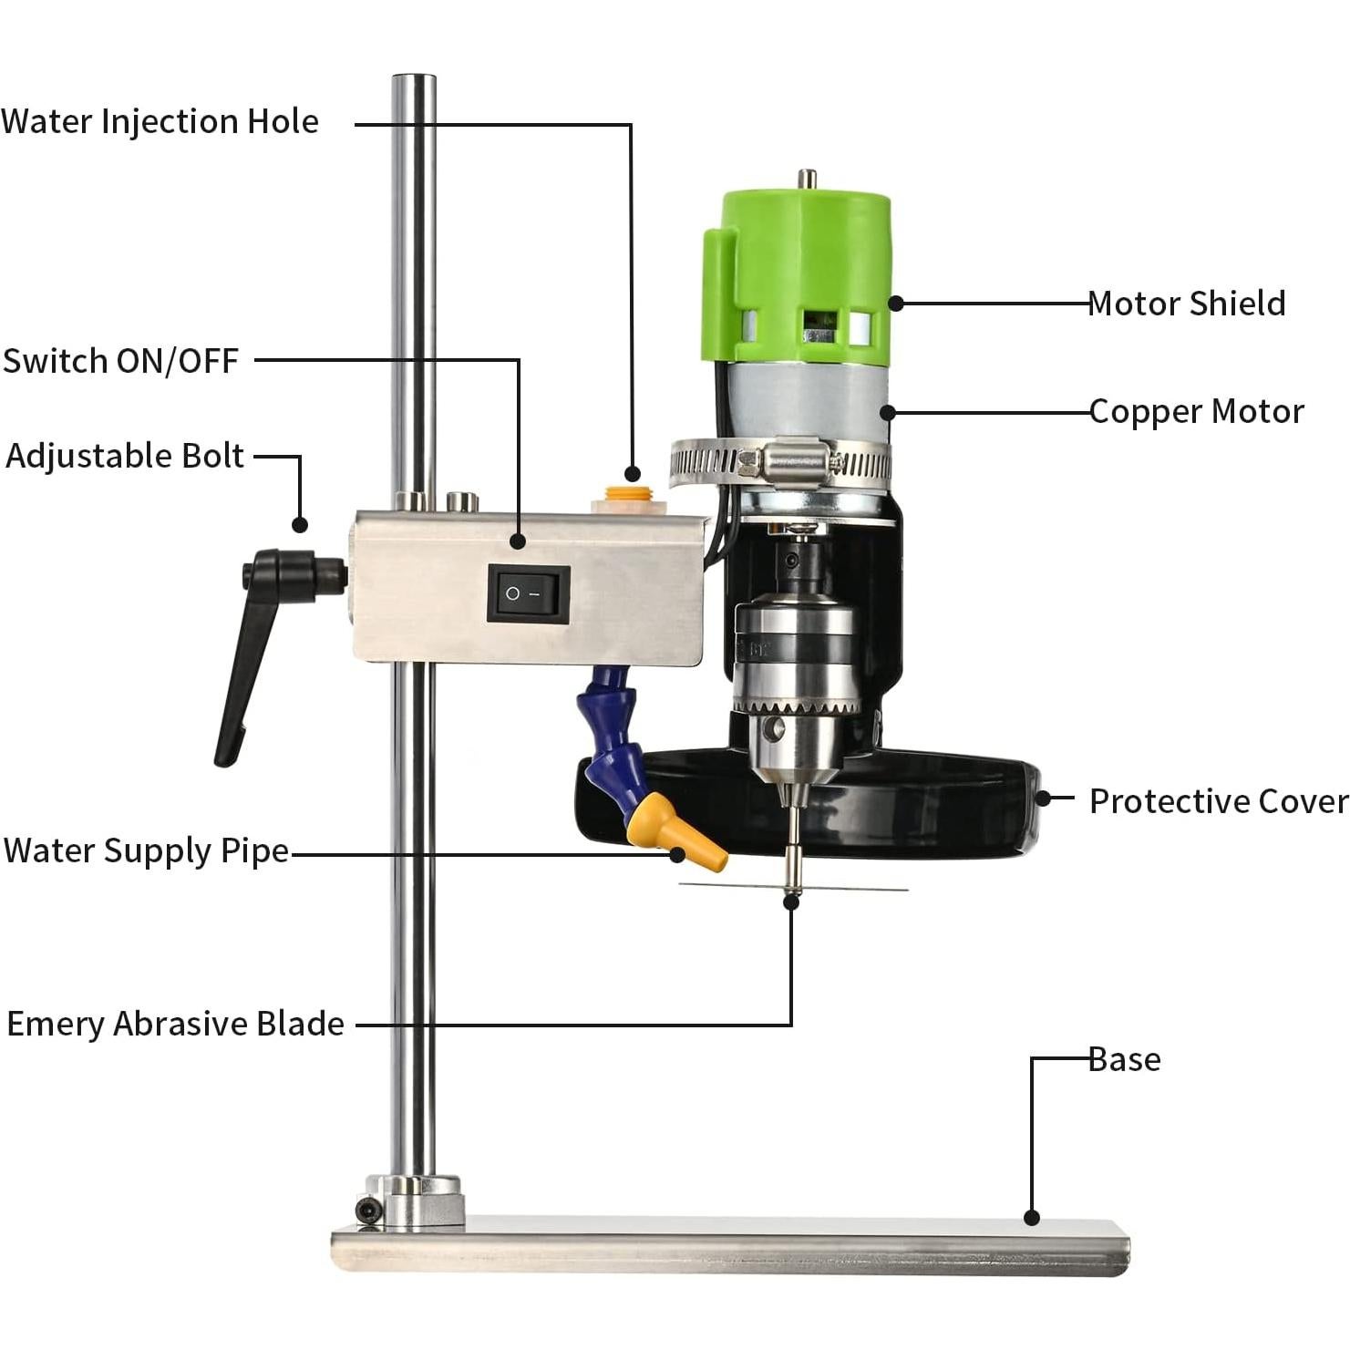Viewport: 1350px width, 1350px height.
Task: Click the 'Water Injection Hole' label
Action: pyautogui.click(x=160, y=121)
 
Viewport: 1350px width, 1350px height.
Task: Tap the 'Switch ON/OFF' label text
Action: pyautogui.click(x=120, y=361)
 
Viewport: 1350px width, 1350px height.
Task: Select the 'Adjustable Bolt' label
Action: pyautogui.click(x=125, y=456)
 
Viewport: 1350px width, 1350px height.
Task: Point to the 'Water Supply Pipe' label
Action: pyautogui.click(x=146, y=850)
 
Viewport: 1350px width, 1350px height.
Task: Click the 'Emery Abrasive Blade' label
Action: pyautogui.click(x=175, y=1024)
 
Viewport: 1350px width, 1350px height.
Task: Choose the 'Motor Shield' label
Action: pyautogui.click(x=1186, y=304)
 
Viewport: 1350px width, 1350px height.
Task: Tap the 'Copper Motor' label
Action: pyautogui.click(x=1196, y=411)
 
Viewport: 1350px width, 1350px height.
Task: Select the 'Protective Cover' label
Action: pyautogui.click(x=1218, y=801)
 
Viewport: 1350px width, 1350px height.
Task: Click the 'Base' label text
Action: pyautogui.click(x=1125, y=1059)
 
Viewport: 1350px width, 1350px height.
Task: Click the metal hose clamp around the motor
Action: pyautogui.click(x=781, y=463)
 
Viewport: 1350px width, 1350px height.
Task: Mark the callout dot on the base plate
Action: pyautogui.click(x=1031, y=1217)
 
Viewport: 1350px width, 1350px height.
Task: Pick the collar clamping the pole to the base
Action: pyautogui.click(x=415, y=1201)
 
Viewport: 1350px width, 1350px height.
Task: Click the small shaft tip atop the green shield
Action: pyautogui.click(x=806, y=179)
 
